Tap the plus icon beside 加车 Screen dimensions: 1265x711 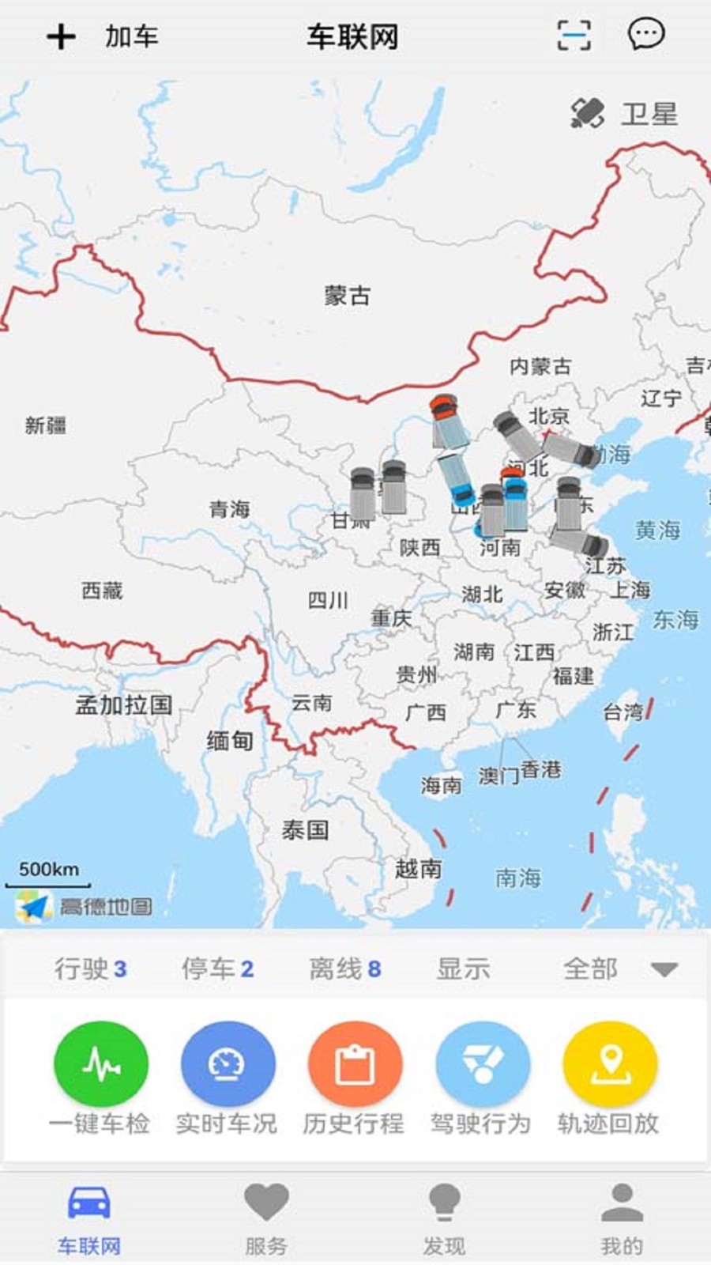(61, 36)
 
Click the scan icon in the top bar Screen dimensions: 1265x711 (574, 36)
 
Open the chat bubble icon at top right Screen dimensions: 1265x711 (645, 35)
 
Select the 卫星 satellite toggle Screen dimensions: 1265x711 (624, 114)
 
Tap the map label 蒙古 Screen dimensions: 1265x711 (347, 296)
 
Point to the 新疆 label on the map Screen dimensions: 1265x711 (45, 425)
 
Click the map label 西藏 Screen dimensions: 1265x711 (102, 590)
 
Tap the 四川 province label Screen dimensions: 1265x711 (328, 600)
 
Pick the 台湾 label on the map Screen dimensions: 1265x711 (623, 712)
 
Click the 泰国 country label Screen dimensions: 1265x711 (305, 829)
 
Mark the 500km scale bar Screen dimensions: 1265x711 (49, 876)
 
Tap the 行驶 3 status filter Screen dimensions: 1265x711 (90, 969)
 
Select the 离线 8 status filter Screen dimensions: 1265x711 (344, 969)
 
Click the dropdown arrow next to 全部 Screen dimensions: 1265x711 (664, 969)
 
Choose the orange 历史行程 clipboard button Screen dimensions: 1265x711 (355, 1065)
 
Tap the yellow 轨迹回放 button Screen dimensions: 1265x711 (609, 1065)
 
